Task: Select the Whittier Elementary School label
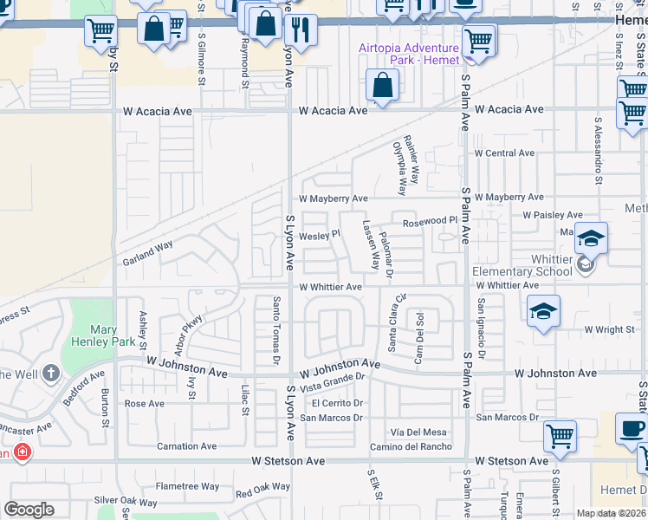pos(522,265)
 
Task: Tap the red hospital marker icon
pos(22,453)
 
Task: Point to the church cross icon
pos(50,374)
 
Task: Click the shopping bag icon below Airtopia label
pos(381,86)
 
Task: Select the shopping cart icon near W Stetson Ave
pos(561,436)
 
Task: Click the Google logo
pos(29,510)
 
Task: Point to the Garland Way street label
pos(147,252)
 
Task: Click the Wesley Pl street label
pos(320,235)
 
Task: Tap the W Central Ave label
pos(503,153)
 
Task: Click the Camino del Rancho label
pos(410,446)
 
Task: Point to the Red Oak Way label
pos(262,490)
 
